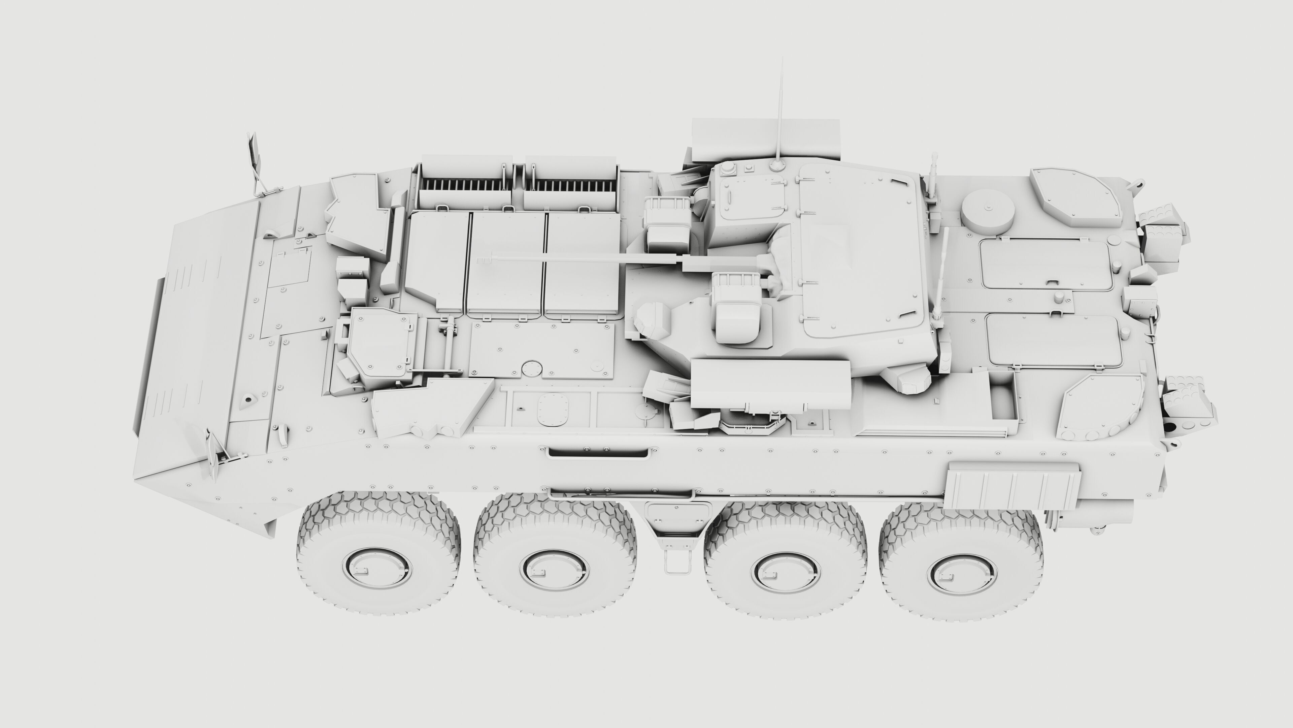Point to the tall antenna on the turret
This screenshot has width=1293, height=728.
pos(780,116)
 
